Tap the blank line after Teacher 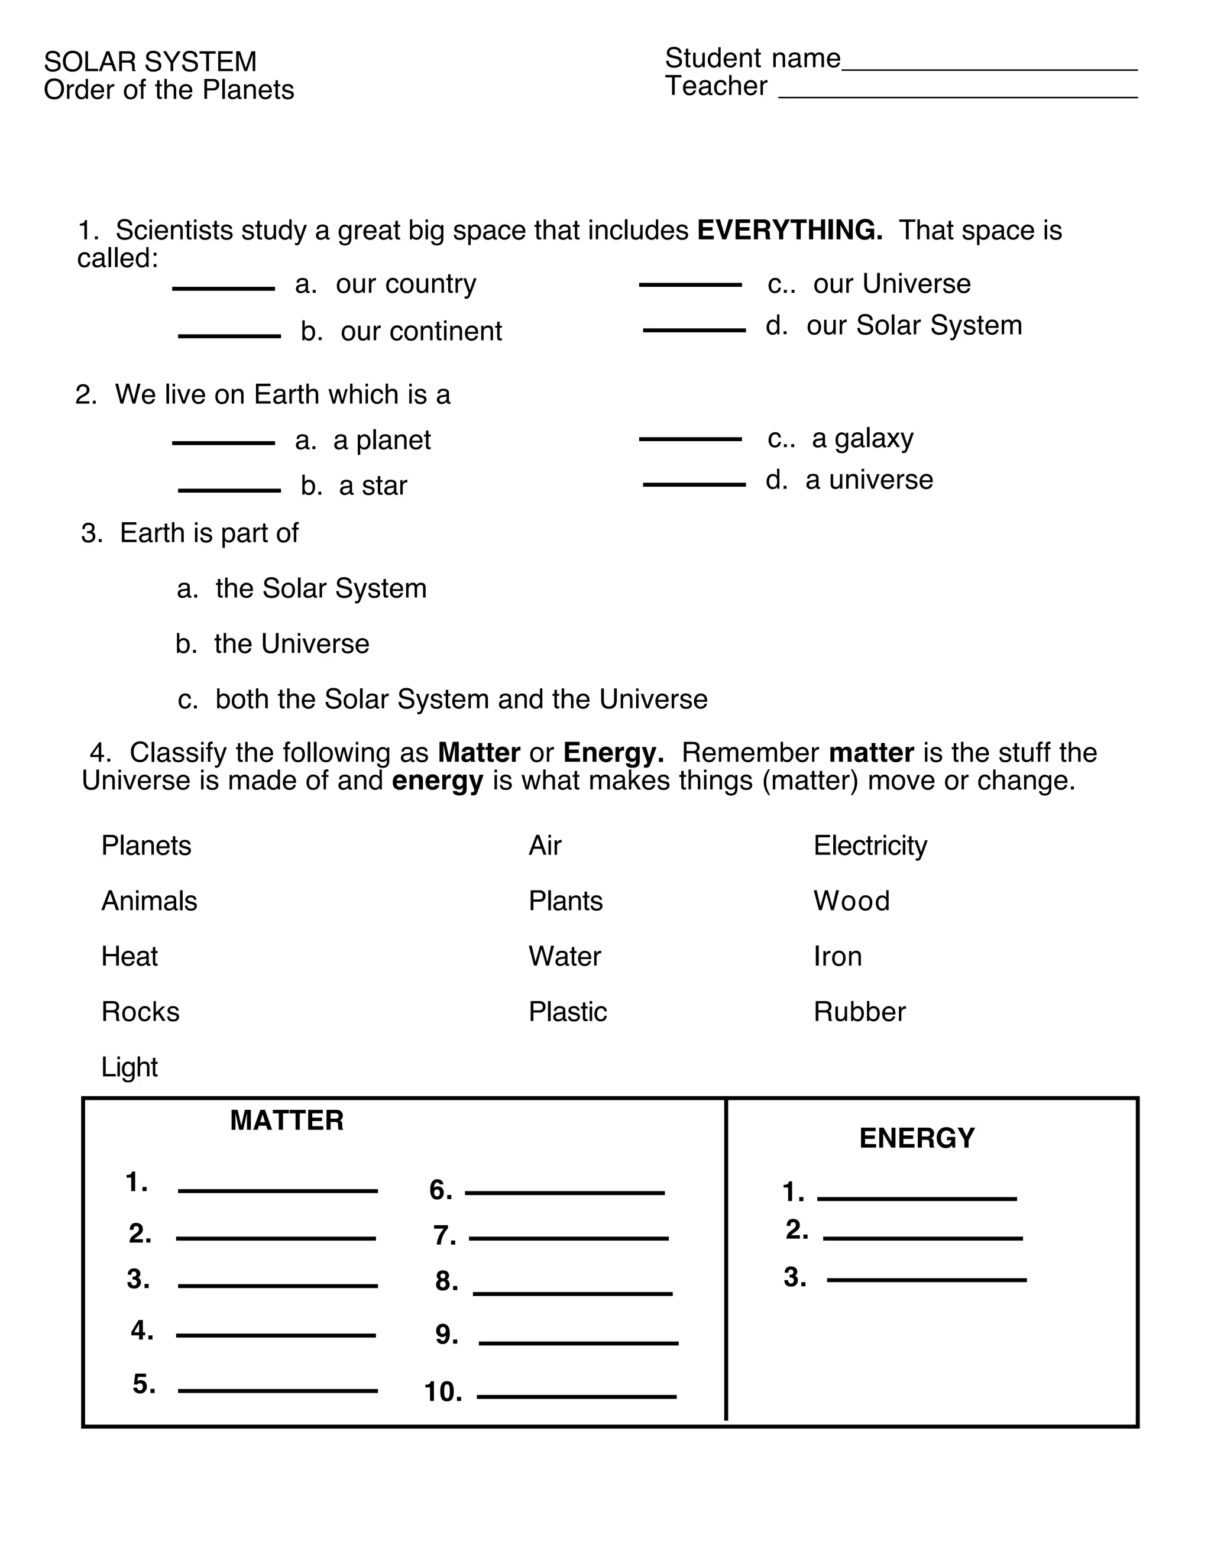[958, 95]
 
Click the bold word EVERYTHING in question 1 [789, 230]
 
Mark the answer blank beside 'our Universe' [690, 285]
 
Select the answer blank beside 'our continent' [229, 335]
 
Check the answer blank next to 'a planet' [223, 443]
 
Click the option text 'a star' [373, 485]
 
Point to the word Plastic [568, 1012]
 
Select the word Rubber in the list [859, 1012]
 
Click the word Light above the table [129, 1067]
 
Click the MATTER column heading [286, 1121]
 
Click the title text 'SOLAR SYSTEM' [150, 63]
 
